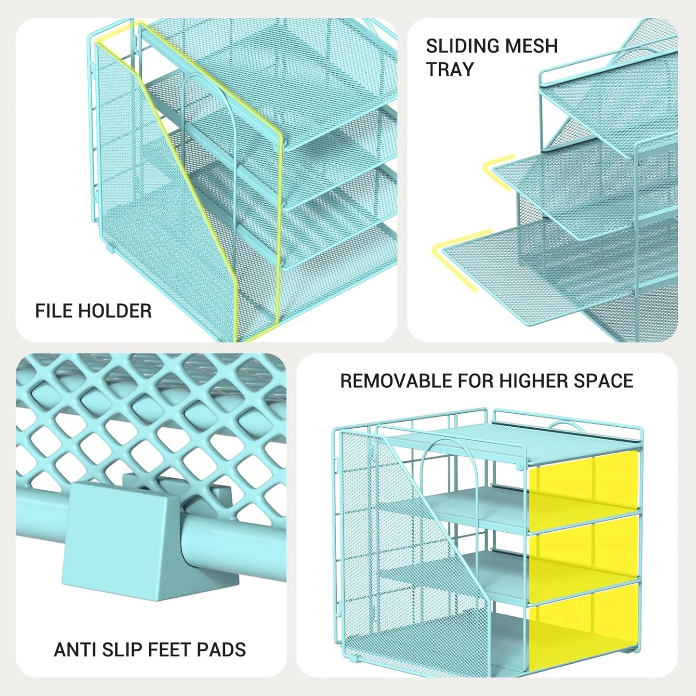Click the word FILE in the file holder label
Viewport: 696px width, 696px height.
[x=54, y=311]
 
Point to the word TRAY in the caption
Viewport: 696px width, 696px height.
[x=450, y=69]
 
